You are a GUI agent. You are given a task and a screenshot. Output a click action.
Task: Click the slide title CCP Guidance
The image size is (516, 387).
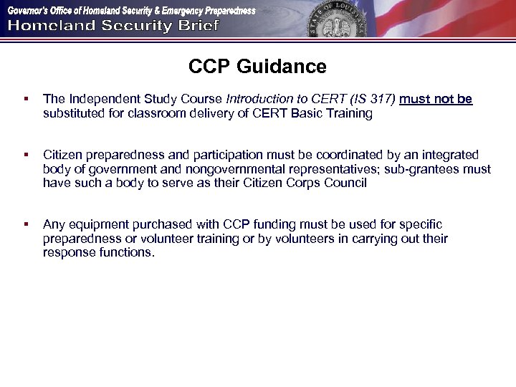(x=257, y=67)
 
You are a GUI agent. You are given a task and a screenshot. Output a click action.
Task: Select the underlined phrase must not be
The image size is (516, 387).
(x=436, y=99)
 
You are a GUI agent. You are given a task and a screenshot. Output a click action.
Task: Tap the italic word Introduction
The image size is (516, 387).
(x=260, y=99)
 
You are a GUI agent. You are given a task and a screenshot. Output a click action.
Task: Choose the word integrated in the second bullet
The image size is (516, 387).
(x=446, y=155)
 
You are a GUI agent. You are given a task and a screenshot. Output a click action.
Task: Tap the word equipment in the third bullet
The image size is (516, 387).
(x=97, y=225)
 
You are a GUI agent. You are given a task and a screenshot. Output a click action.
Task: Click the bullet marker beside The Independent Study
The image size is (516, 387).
(x=26, y=99)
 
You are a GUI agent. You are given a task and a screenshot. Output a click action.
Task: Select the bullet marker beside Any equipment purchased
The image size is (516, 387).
(x=26, y=225)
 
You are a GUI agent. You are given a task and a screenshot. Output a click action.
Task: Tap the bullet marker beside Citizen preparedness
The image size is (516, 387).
(x=26, y=155)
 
